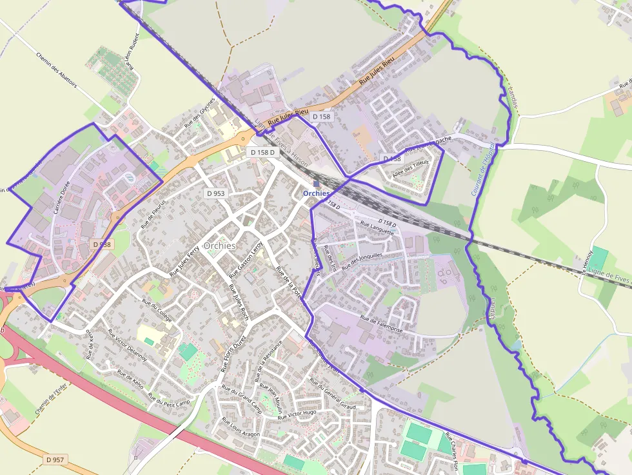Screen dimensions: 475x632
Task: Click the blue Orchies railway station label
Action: pyautogui.click(x=316, y=193)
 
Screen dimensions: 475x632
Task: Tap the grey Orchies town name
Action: pyautogui.click(x=219, y=246)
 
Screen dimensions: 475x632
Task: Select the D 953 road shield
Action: pyautogui.click(x=216, y=193)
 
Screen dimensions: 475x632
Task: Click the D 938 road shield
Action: pyautogui.click(x=101, y=244)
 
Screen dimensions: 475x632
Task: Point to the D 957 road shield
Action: pyautogui.click(x=55, y=460)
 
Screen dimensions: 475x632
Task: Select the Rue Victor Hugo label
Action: pyautogui.click(x=297, y=414)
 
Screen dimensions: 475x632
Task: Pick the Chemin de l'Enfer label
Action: pyautogui.click(x=52, y=398)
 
